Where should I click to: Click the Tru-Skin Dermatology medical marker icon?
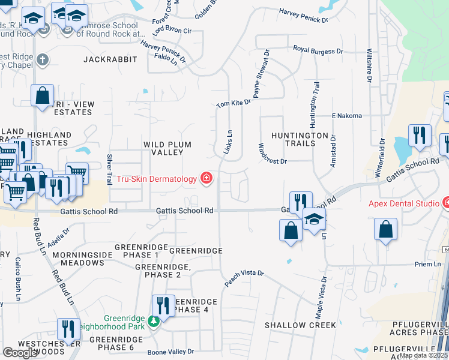coord(206,178)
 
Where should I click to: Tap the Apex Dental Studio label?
coord(403,203)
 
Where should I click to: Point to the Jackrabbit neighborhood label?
coord(110,59)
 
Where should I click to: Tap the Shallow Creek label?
coord(301,325)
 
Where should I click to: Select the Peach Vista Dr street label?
coord(244,277)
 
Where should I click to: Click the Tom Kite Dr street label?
coord(233,104)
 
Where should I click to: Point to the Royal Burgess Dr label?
coord(321,51)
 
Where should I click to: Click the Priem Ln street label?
coord(428,264)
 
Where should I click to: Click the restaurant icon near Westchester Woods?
coord(68,330)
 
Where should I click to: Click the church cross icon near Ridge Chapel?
coord(41,60)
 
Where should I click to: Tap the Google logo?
coord(20,353)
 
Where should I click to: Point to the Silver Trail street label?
coord(109,170)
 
